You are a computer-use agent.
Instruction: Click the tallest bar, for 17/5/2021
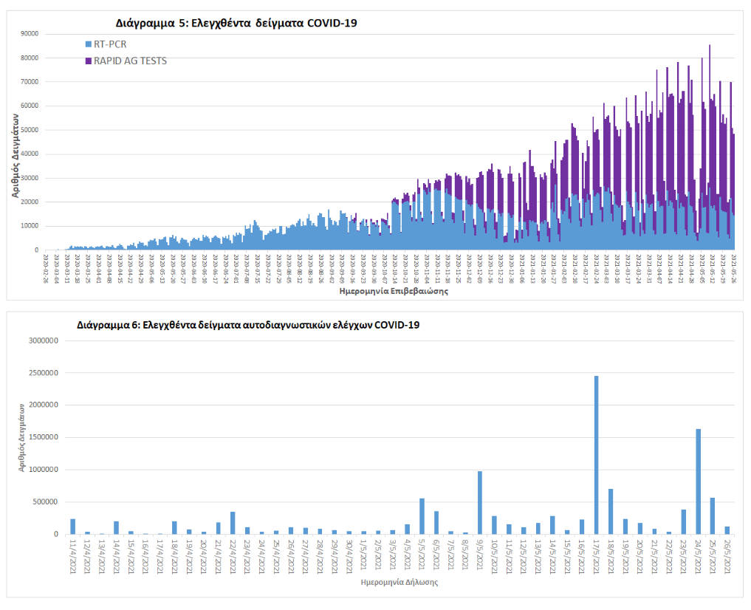[596, 454]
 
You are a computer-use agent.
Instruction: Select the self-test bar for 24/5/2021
[698, 482]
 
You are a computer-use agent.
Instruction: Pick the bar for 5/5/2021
[422, 516]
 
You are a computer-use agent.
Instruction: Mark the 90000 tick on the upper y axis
[29, 33]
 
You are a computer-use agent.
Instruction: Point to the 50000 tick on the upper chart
[29, 130]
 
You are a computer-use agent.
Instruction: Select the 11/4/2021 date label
[73, 554]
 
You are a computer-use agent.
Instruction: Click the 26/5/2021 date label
[727, 554]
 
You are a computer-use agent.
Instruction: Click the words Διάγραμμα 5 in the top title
[148, 23]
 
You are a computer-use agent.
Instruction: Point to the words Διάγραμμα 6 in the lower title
[103, 324]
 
